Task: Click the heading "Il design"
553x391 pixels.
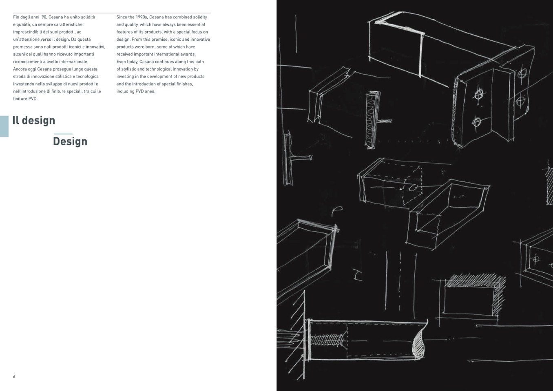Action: click(33, 120)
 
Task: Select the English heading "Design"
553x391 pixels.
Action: click(70, 141)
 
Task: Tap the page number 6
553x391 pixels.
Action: click(14, 376)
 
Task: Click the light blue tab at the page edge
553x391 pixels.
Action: click(4, 126)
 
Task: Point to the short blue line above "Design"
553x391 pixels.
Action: click(63, 134)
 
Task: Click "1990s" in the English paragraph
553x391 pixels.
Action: click(142, 17)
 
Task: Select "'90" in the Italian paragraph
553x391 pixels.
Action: click(44, 17)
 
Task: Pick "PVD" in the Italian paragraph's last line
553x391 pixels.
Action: click(33, 99)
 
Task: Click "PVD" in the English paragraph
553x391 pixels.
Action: click(140, 91)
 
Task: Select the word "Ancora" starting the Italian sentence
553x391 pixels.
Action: click(19, 69)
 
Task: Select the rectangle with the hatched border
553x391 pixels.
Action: click(474, 295)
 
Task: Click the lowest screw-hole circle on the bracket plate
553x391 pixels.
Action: click(476, 122)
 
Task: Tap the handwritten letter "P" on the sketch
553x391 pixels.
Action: click(337, 210)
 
